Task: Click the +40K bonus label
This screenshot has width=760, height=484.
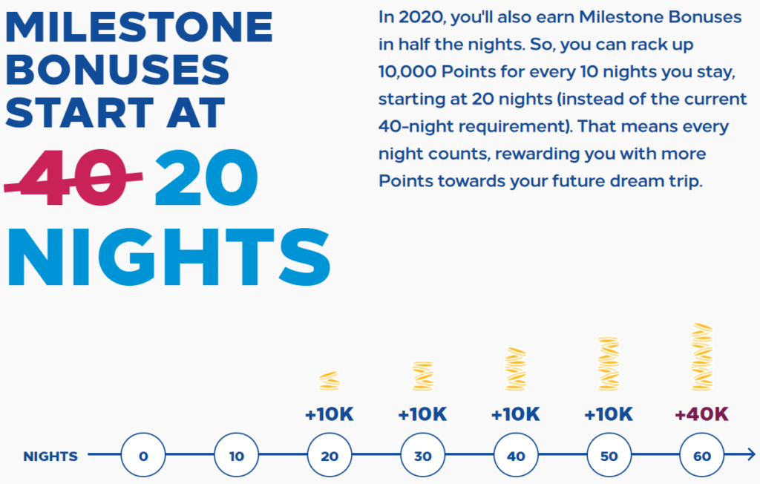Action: [702, 414]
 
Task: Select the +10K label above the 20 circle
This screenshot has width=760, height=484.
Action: [330, 414]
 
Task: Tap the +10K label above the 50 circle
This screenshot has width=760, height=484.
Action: [609, 414]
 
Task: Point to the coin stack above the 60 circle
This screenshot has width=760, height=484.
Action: [702, 357]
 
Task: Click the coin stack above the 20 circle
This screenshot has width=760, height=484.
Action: [330, 381]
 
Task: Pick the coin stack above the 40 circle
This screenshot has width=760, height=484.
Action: [516, 369]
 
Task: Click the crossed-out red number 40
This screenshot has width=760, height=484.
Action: [73, 177]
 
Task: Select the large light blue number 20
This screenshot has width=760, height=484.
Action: [206, 177]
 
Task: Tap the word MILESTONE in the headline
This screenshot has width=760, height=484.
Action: [139, 27]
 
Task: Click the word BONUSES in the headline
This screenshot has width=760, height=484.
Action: [117, 70]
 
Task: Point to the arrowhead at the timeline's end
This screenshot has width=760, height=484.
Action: [750, 454]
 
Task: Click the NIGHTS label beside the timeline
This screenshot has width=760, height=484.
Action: [50, 457]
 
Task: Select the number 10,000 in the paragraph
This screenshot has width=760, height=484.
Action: [407, 72]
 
